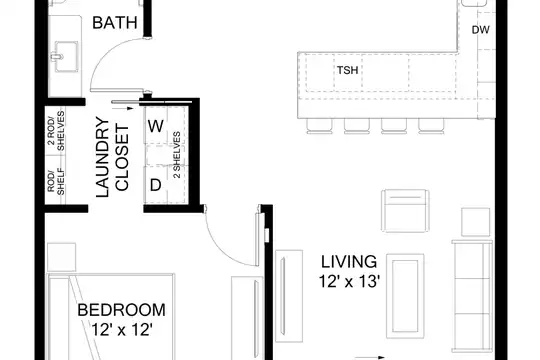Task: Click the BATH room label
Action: (115, 23)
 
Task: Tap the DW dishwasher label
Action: (480, 30)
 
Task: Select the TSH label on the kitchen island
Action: (347, 70)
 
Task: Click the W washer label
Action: (156, 126)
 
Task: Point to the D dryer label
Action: (156, 185)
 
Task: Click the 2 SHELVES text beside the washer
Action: (177, 155)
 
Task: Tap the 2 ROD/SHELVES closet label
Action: (56, 131)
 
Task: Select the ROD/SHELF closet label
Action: (56, 182)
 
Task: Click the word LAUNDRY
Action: (102, 157)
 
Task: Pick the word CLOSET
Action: (122, 158)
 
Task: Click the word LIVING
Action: (349, 262)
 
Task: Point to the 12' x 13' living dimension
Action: (349, 281)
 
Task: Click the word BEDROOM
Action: (121, 310)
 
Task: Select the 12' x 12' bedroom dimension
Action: (122, 330)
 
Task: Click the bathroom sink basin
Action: (66, 56)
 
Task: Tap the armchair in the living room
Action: (405, 210)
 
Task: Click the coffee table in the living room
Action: (405, 296)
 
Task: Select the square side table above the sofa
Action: (475, 222)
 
